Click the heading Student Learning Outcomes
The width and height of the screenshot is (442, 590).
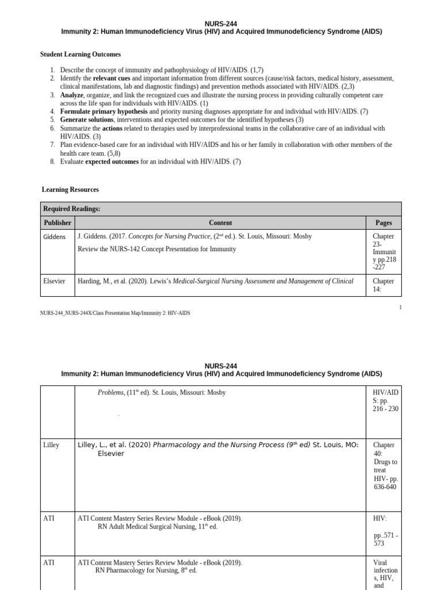(80, 54)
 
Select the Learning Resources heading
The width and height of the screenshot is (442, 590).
(70, 189)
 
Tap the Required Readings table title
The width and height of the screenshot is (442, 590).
(72, 209)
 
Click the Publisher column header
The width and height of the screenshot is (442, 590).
(58, 222)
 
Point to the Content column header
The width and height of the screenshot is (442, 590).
(220, 222)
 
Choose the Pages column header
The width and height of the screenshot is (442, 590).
(383, 222)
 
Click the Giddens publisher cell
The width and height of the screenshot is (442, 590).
(55, 236)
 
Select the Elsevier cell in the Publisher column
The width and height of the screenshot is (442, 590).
(55, 281)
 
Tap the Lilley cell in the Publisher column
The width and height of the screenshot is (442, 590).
(51, 445)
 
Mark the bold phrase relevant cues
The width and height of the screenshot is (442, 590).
(112, 78)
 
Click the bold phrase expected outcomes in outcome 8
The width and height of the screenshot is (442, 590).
(112, 162)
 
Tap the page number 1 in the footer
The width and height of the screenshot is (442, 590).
(401, 307)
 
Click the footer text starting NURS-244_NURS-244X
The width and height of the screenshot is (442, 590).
(115, 313)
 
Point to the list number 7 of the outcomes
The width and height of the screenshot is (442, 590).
(52, 145)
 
